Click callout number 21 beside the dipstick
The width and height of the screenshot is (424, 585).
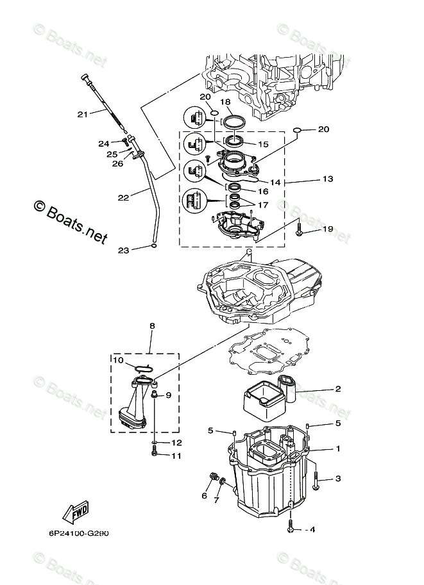coord(82,114)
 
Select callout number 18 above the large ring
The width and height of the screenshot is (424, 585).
coord(225,102)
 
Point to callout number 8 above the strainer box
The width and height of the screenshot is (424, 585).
coord(152,326)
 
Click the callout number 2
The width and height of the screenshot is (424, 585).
coord(337,388)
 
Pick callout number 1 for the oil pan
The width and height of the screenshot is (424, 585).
coord(337,449)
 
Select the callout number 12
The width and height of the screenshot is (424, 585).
coord(177,442)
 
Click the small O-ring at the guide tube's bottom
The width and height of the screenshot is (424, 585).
coord(154,245)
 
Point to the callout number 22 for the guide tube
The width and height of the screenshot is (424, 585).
coord(123,197)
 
